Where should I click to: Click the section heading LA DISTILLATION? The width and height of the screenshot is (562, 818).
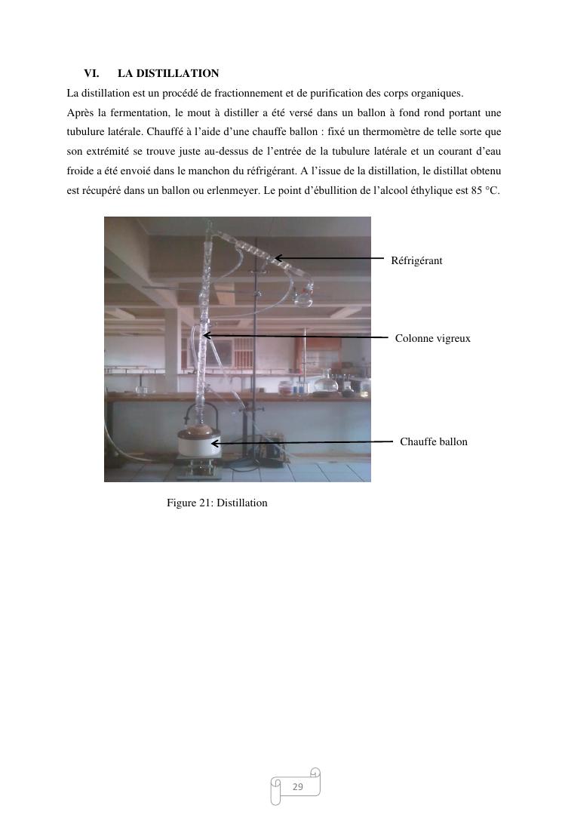[168, 73]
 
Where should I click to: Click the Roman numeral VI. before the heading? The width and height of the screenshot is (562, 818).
[91, 73]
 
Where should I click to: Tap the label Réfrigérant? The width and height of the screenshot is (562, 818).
[416, 260]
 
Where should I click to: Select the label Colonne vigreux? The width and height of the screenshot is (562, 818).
[432, 338]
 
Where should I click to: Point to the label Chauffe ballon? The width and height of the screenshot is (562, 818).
[433, 441]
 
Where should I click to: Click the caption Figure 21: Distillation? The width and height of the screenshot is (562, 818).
[217, 503]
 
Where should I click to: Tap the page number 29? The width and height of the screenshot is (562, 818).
[297, 787]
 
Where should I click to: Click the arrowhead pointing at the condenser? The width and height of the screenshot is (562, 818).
[278, 258]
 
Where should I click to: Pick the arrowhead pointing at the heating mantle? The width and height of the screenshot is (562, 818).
[215, 444]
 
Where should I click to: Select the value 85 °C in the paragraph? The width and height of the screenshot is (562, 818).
[485, 191]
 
